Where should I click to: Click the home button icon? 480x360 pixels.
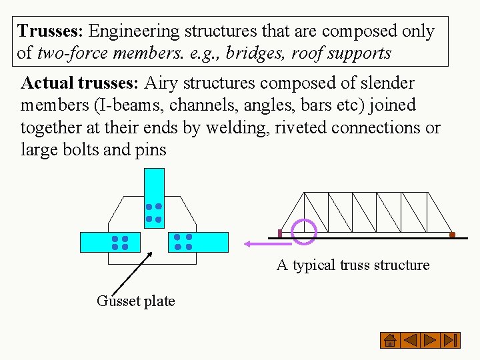pyautogui.click(x=390, y=340)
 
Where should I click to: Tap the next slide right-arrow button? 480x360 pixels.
pyautogui.click(x=431, y=340)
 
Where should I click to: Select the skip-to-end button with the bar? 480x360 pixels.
pyautogui.click(x=451, y=340)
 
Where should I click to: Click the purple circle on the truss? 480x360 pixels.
pyautogui.click(x=304, y=231)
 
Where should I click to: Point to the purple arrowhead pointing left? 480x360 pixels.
pyautogui.click(x=249, y=244)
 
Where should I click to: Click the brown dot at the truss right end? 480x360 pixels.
pyautogui.click(x=452, y=235)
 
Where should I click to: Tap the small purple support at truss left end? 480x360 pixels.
pyautogui.click(x=280, y=234)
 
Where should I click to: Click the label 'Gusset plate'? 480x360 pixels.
pyautogui.click(x=136, y=301)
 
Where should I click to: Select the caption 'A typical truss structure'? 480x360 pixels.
pyautogui.click(x=353, y=265)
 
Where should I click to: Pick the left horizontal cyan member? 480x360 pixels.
pyautogui.click(x=111, y=242)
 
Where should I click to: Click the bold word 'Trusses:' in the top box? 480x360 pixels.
pyautogui.click(x=51, y=31)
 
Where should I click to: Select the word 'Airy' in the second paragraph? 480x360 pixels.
pyautogui.click(x=161, y=83)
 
